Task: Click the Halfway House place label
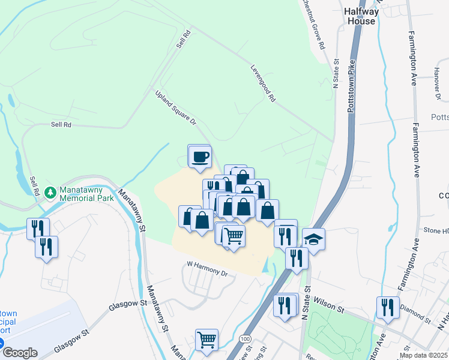(361, 16)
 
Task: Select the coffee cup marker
(200, 158)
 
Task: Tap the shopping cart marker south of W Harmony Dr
(206, 340)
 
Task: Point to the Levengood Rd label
(263, 82)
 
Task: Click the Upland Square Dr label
(176, 108)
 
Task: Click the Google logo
(19, 353)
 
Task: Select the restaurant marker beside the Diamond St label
(388, 307)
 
